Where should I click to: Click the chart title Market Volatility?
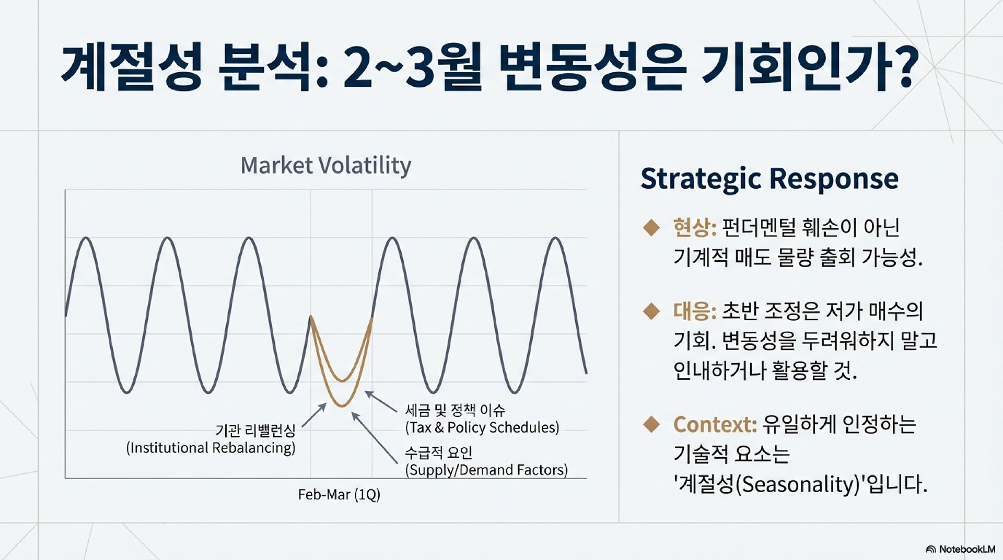(325, 166)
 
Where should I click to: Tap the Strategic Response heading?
(769, 179)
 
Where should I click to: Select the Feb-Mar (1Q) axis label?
(339, 494)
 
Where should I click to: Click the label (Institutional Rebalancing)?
(211, 448)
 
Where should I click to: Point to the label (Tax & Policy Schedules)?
(482, 427)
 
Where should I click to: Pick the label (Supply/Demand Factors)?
(486, 470)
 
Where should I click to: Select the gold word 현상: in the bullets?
(695, 227)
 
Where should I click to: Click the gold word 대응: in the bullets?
(695, 311)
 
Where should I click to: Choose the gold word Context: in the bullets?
(715, 424)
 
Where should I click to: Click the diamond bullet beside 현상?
(651, 227)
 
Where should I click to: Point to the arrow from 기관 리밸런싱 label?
(314, 415)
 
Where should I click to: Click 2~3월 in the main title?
(412, 68)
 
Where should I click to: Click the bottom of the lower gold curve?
(342, 406)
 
